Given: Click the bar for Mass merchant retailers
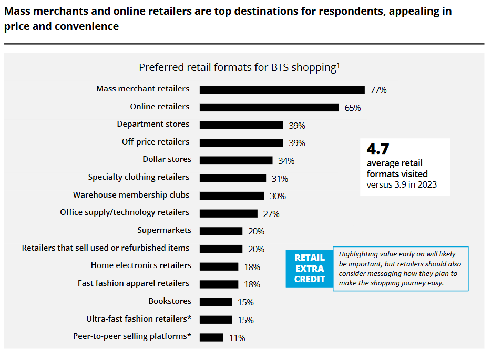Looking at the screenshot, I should click(282, 89).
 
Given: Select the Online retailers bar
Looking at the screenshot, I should click(269, 107).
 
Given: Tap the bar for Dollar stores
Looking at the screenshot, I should click(236, 160).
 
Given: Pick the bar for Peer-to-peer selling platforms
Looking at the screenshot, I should click(211, 337).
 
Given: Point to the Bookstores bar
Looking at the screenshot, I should click(216, 302).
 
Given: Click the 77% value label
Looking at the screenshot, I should click(378, 90).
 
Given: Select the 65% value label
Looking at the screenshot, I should click(353, 108).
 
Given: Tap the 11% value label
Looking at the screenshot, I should click(237, 338).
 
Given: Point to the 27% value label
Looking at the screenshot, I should click(271, 214).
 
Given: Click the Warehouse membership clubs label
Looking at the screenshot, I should click(131, 195).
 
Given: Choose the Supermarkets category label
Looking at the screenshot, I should click(164, 230).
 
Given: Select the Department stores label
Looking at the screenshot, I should click(153, 124).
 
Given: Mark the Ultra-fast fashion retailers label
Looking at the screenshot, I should click(138, 319).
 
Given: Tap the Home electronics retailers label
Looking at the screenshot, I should click(141, 265).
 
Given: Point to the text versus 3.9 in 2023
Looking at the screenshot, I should click(402, 184).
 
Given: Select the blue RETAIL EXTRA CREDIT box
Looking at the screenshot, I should click(310, 269).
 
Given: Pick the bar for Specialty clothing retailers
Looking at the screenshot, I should click(233, 178).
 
